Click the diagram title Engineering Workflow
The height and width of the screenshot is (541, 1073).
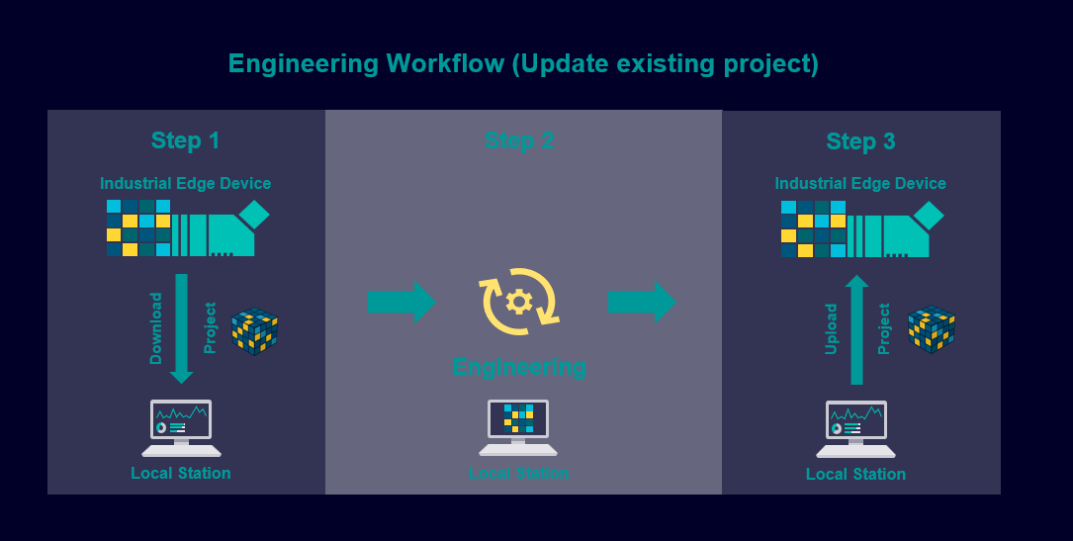(x=523, y=64)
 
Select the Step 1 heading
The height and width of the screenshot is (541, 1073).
(x=185, y=140)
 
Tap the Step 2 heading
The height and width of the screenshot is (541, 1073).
(x=519, y=140)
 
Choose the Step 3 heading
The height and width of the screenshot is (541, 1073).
(x=860, y=141)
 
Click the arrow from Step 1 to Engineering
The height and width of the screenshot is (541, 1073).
(x=401, y=302)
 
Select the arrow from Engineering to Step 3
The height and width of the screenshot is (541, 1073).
(x=642, y=302)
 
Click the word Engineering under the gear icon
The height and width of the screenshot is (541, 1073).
(x=519, y=367)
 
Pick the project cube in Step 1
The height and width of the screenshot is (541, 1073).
(x=254, y=331)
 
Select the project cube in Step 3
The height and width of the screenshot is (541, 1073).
(x=931, y=329)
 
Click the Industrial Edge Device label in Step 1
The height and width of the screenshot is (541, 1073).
(x=185, y=183)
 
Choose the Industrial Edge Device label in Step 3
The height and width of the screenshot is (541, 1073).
(x=860, y=183)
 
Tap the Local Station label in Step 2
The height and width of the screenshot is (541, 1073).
(x=519, y=474)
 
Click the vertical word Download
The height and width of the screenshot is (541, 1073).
(x=156, y=328)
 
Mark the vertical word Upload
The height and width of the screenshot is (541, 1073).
(x=832, y=329)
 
